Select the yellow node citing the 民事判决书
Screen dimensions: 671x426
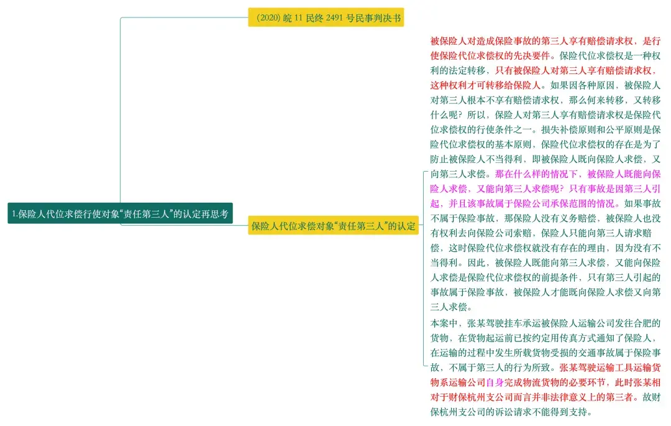(326, 17)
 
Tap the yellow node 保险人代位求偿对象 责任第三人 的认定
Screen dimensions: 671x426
(332, 225)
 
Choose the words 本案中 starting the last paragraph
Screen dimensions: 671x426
(444, 323)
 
